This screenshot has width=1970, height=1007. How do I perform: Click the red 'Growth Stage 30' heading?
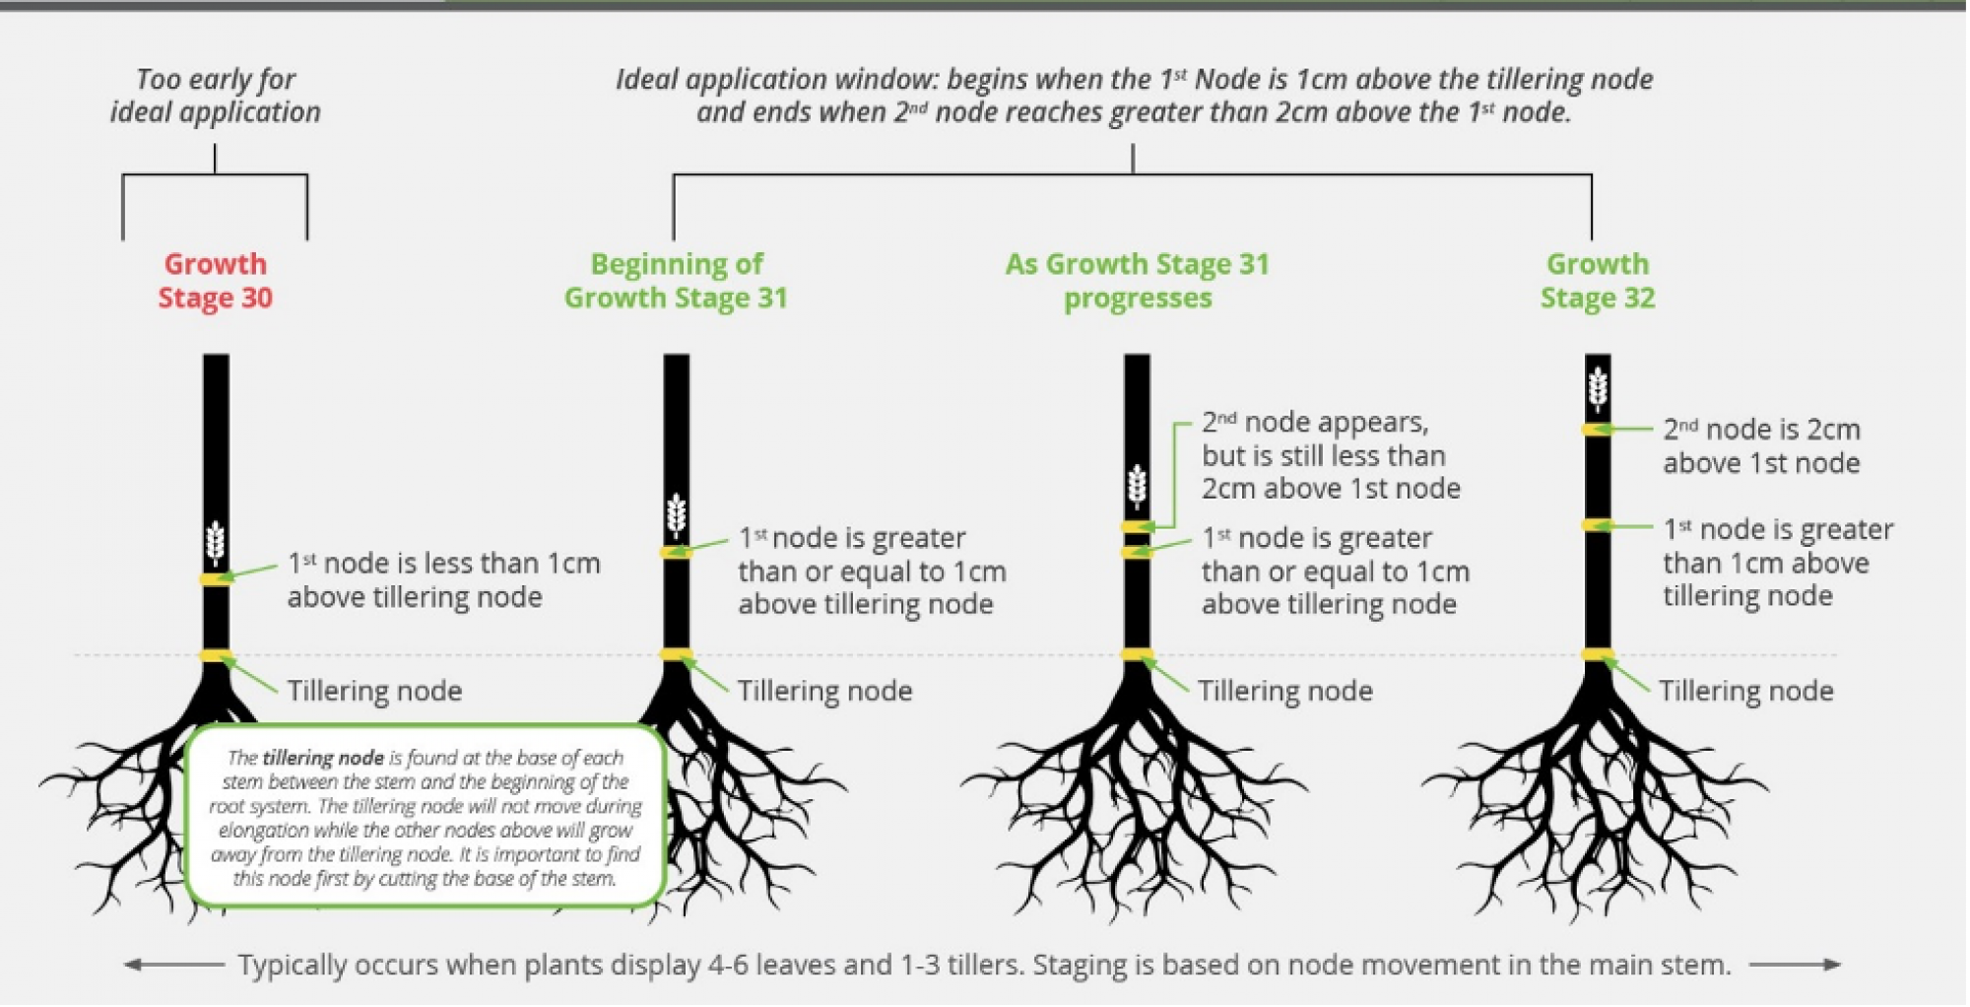(x=215, y=281)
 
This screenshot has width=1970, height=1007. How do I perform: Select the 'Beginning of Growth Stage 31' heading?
(x=676, y=281)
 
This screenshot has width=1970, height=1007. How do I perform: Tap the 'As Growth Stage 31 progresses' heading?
(x=1138, y=281)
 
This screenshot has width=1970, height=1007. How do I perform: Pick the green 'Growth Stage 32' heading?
(x=1598, y=281)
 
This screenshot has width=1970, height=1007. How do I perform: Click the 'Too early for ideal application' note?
(x=216, y=96)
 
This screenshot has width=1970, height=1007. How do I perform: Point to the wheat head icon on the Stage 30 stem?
(x=216, y=542)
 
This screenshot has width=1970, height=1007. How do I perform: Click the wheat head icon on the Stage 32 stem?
(x=1598, y=388)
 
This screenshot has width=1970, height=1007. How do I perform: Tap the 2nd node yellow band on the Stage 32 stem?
(x=1598, y=430)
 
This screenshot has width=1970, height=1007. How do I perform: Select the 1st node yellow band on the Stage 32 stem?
(x=1598, y=525)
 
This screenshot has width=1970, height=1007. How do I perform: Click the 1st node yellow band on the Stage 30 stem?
(x=216, y=578)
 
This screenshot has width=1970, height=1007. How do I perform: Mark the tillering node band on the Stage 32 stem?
(x=1598, y=654)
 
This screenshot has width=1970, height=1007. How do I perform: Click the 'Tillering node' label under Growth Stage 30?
(x=374, y=691)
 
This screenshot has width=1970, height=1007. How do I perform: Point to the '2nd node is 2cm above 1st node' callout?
(x=1761, y=446)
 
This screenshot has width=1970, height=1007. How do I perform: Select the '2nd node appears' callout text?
(x=1330, y=455)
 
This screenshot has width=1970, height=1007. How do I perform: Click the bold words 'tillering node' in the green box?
(x=323, y=758)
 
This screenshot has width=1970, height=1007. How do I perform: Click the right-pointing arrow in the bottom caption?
(x=1795, y=965)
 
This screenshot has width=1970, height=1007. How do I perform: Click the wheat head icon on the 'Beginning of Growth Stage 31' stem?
(x=676, y=513)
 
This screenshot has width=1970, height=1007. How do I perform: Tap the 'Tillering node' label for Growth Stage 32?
(x=1745, y=691)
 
